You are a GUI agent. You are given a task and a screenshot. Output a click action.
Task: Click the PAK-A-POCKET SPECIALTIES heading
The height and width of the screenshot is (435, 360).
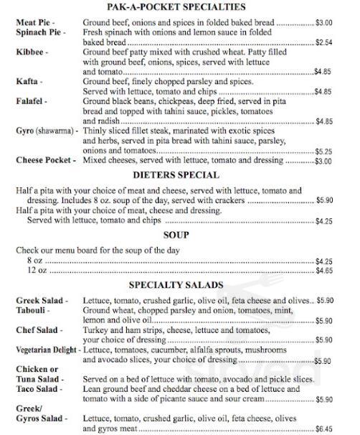(179, 8)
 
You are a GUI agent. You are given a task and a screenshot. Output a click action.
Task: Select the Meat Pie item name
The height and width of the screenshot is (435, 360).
(34, 24)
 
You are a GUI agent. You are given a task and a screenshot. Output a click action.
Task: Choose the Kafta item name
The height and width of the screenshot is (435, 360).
(28, 83)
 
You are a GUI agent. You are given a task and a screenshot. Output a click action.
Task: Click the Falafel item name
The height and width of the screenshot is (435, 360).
(32, 103)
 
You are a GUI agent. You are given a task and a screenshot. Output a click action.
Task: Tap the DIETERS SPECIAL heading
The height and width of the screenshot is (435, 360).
(179, 176)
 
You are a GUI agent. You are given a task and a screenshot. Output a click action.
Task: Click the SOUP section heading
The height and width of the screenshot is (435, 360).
(179, 235)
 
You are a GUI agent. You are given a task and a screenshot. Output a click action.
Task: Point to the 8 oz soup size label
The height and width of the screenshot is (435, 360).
(35, 261)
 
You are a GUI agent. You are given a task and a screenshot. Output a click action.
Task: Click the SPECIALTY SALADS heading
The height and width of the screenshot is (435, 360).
(179, 285)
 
